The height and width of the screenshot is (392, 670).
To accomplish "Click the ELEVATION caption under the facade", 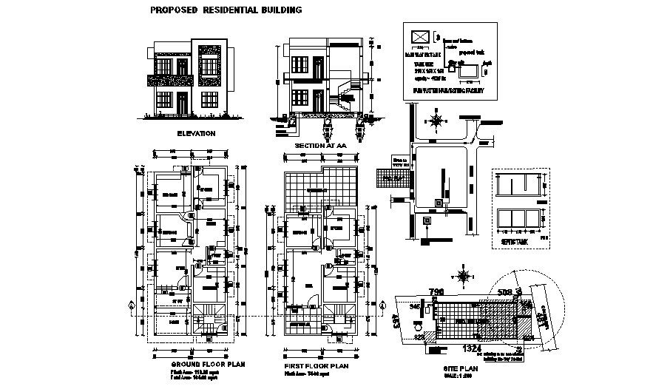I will [x=196, y=134].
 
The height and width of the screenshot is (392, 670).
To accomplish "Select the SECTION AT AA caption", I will [x=320, y=146].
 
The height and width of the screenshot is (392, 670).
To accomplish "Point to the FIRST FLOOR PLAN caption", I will [x=316, y=365].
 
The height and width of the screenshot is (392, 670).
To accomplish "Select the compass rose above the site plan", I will [x=464, y=277].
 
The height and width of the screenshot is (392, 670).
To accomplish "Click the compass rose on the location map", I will [x=436, y=120].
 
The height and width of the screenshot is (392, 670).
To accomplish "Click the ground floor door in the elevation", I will [x=181, y=103].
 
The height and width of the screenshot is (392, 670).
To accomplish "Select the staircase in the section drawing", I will [x=344, y=96].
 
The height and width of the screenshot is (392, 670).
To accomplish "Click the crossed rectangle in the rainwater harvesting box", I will [x=419, y=37].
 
